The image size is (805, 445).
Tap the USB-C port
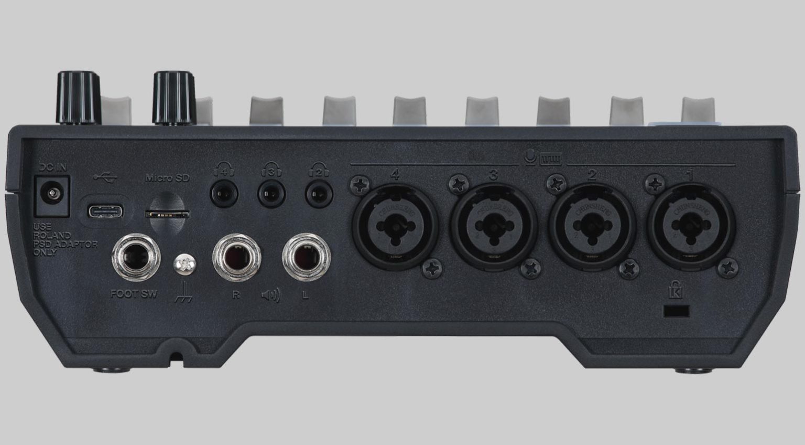(x=105, y=211)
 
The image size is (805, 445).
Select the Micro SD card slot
(x=167, y=213)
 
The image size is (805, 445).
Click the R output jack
(x=236, y=258)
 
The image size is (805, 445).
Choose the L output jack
(x=306, y=258)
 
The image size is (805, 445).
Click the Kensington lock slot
(x=676, y=311)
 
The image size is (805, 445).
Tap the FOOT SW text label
(x=134, y=294)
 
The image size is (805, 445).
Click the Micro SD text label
(x=167, y=178)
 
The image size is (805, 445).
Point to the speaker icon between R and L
(x=270, y=295)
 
